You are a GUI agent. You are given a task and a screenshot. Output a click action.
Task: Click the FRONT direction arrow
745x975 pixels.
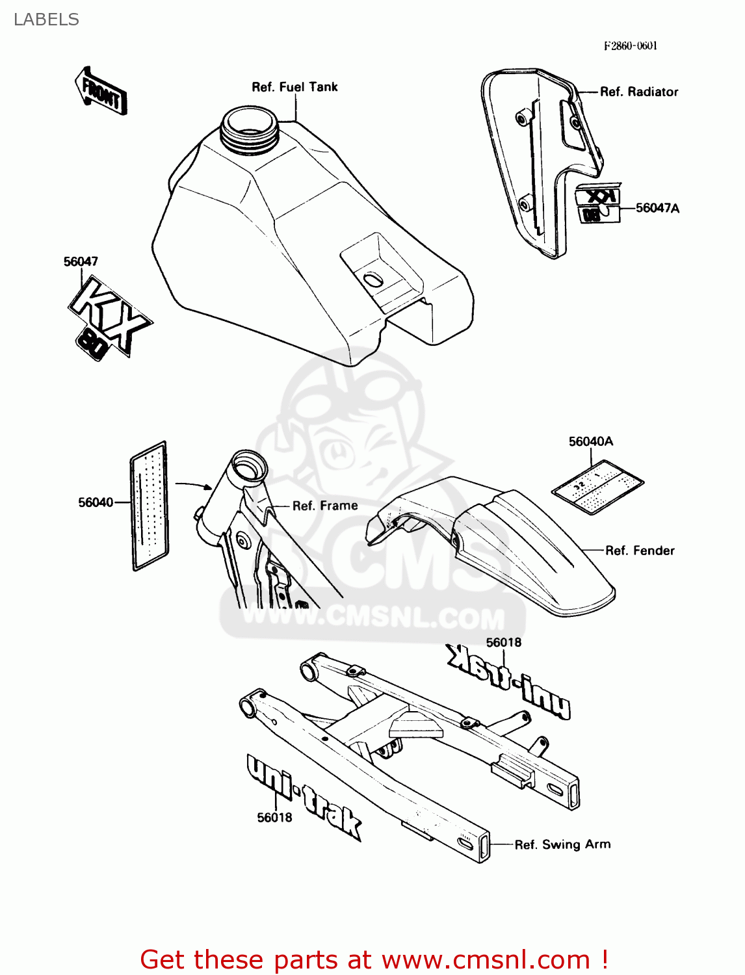(x=101, y=92)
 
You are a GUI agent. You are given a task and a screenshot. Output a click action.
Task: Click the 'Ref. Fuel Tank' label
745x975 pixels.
(x=294, y=87)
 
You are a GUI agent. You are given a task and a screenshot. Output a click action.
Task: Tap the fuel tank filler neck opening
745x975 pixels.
(x=250, y=124)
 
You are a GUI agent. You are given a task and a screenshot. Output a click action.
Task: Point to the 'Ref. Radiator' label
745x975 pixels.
(x=638, y=92)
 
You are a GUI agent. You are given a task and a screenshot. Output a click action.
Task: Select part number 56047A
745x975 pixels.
(x=657, y=208)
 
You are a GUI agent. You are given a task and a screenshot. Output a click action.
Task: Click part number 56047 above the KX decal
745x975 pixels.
(x=81, y=261)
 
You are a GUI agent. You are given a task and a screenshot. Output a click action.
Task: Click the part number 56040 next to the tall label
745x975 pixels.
(x=96, y=502)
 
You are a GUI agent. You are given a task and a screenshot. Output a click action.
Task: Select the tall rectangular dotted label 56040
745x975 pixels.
(x=150, y=506)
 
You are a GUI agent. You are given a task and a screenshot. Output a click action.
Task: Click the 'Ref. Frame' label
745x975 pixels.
(x=325, y=506)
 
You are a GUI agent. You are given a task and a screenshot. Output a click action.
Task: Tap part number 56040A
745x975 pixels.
(x=590, y=442)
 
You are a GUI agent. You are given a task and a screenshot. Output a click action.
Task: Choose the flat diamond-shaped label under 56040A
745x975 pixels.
(x=598, y=487)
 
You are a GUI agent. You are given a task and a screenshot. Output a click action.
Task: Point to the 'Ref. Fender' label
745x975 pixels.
(x=640, y=551)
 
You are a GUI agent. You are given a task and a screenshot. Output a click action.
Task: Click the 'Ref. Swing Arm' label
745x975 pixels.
(x=562, y=844)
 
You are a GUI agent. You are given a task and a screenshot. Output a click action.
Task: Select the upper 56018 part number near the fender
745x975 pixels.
(x=504, y=643)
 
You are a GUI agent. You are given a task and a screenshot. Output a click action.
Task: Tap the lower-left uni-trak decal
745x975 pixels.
(x=303, y=796)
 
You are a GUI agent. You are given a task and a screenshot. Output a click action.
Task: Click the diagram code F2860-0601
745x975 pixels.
(x=631, y=45)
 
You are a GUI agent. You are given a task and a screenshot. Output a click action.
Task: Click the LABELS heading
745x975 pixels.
(x=46, y=19)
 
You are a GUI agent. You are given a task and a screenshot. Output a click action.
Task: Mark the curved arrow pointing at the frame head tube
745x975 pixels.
(x=194, y=485)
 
